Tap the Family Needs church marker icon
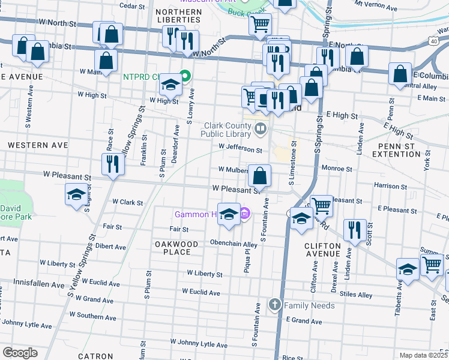coord(274,305)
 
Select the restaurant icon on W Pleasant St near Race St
coord(113,164)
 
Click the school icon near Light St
coord(76,195)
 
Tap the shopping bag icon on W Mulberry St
coord(260,176)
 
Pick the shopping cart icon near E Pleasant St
coord(322,206)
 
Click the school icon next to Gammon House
coord(229,214)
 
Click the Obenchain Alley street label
coord(233,244)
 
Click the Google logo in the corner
coord(20,353)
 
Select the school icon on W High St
coord(170,87)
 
